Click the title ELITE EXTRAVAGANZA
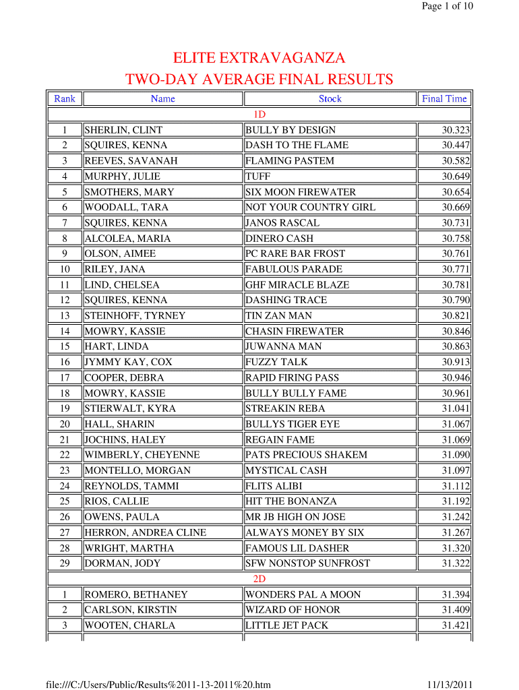pos(259,57)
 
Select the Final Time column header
pos(444,99)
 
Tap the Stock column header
pos(330,99)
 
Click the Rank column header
pos(65,99)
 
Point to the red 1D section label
pos(259,115)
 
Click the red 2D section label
pos(259,579)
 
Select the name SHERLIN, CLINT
pos(123,130)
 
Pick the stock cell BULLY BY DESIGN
pos(291,130)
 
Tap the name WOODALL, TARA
pos(126,208)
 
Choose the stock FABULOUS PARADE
pos(294,270)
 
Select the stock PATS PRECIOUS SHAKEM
pos(307,455)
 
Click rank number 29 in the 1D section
pos(65,563)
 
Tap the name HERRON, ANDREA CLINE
pos(146,532)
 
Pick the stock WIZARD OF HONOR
pos(293,610)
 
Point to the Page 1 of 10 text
pos(448,6)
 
